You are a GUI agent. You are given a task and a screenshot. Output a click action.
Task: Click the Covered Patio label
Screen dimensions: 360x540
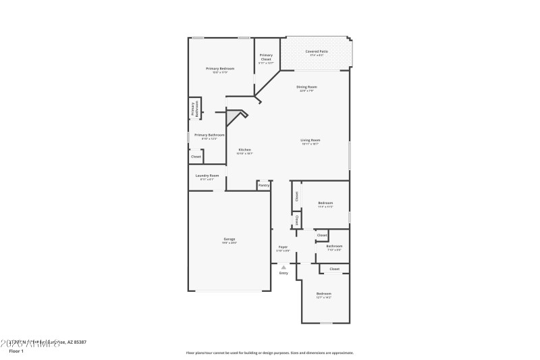tap(317, 52)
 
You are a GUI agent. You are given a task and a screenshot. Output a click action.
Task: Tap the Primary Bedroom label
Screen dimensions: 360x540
tap(220, 69)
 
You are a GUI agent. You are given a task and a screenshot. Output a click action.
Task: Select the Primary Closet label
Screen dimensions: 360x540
tap(266, 57)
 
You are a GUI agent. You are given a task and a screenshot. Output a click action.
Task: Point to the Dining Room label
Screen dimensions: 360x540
tap(308, 87)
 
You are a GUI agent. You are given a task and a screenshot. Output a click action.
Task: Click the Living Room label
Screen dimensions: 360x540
tap(310, 140)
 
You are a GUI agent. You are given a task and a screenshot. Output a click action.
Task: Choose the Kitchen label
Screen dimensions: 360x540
tap(244, 150)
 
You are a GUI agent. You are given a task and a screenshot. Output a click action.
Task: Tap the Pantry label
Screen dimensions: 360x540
tap(264, 184)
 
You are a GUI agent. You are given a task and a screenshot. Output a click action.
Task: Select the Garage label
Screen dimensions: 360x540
tap(230, 240)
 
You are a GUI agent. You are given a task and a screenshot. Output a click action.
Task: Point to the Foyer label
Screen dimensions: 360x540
tap(283, 247)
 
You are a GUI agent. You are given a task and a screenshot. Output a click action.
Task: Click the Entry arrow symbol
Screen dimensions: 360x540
tap(283, 267)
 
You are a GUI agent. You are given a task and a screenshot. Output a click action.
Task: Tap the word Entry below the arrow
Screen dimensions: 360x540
tap(283, 273)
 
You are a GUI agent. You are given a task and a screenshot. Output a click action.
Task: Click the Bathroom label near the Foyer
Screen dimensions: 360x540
tap(334, 247)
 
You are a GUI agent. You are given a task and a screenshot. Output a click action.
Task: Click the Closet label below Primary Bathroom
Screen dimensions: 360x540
tap(196, 157)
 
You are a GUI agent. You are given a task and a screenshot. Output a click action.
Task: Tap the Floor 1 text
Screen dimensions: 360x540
tap(16, 351)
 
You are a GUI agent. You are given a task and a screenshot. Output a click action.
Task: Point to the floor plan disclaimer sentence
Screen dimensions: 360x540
tap(269, 353)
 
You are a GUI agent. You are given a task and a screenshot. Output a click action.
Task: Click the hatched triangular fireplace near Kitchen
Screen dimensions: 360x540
tap(234, 118)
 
